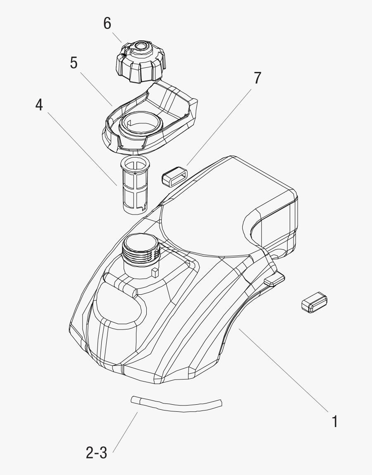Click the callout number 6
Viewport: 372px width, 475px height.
pos(107,24)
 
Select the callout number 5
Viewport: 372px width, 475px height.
pos(74,64)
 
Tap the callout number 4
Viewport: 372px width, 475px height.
pos(39,105)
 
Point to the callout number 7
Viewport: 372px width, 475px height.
pos(257,78)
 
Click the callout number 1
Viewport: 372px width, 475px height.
pos(335,421)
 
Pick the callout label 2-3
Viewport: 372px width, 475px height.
pos(96,453)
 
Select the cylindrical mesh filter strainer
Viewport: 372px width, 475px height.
pos(135,185)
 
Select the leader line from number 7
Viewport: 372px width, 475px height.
pos(219,124)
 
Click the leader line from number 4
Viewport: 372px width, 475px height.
pos(82,148)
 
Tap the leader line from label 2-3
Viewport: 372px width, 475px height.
pos(125,432)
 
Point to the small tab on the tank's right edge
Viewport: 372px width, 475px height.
pos(274,281)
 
